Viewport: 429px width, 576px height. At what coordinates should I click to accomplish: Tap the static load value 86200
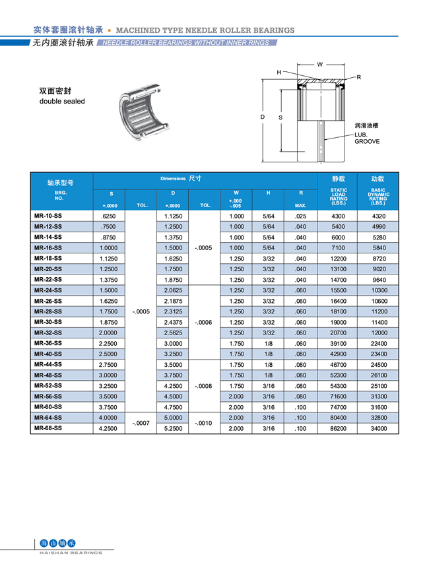click(338, 428)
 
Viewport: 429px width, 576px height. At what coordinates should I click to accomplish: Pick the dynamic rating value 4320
click(379, 216)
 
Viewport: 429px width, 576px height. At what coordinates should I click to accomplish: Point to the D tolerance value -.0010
click(204, 423)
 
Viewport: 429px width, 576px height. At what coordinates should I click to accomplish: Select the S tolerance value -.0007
click(141, 423)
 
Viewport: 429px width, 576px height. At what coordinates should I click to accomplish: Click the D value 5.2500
click(173, 428)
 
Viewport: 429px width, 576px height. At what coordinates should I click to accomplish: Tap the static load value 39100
click(338, 343)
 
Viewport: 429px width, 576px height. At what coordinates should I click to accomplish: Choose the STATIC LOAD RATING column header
click(339, 196)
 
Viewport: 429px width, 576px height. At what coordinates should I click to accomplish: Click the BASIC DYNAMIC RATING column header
click(379, 196)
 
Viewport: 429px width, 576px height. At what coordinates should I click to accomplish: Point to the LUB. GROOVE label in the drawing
click(367, 138)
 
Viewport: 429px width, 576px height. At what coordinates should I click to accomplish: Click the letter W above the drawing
click(319, 65)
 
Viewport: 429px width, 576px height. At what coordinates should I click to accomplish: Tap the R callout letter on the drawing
click(359, 77)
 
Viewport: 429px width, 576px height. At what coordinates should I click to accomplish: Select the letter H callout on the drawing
click(279, 72)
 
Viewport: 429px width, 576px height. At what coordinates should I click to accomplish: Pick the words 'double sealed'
click(62, 102)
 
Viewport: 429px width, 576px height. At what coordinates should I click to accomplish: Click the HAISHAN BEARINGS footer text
click(67, 553)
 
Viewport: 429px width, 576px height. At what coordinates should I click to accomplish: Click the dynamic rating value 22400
click(379, 343)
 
